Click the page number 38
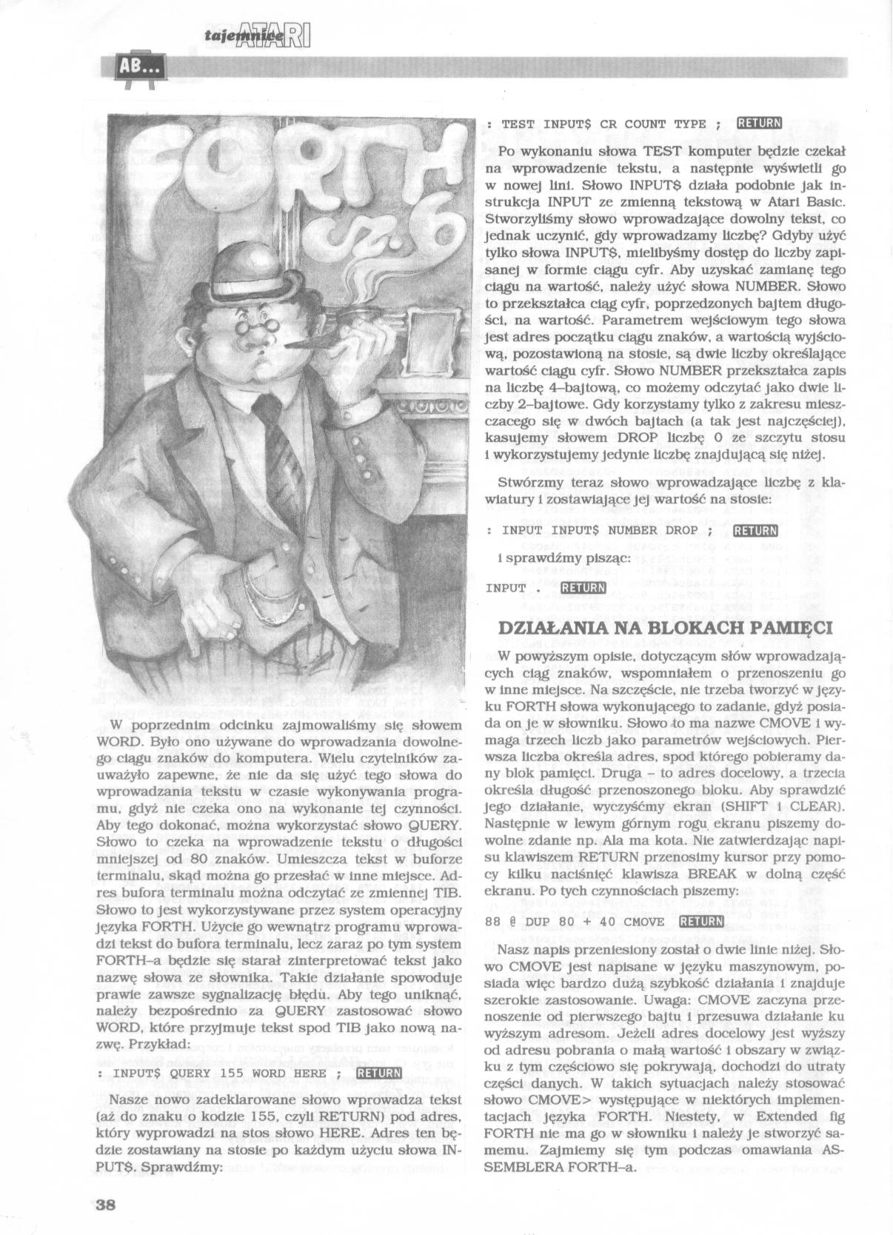pyautogui.click(x=105, y=1203)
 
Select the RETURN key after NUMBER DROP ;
pyautogui.click(x=754, y=530)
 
